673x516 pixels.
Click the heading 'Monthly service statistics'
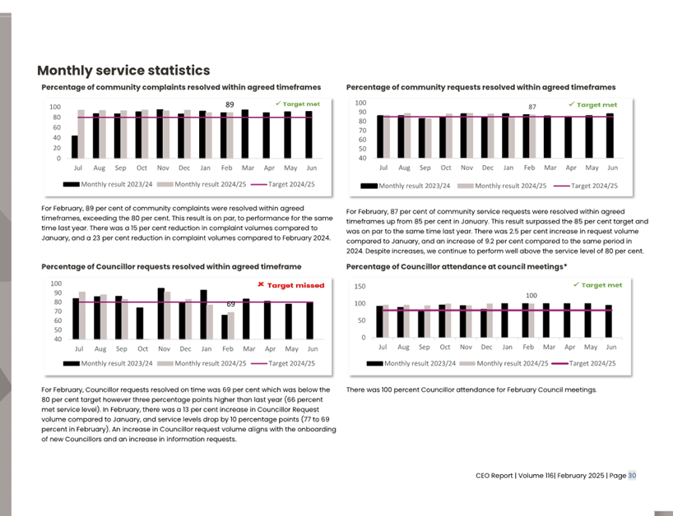[123, 71]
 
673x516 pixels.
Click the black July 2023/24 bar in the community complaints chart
[75, 147]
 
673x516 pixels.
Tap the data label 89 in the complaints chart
[230, 104]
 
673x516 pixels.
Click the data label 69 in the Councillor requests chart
[231, 304]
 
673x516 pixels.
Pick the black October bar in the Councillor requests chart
[140, 323]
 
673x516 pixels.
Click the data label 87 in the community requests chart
[532, 107]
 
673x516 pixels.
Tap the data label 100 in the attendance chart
[531, 294]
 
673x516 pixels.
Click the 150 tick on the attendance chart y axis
[360, 287]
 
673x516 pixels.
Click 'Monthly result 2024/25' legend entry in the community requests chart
[504, 186]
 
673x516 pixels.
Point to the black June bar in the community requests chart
[610, 136]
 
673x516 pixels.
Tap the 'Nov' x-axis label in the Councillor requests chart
[162, 348]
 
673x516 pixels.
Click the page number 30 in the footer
[632, 475]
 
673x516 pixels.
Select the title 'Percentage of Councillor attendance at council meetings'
[456, 267]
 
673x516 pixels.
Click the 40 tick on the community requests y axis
[360, 158]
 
